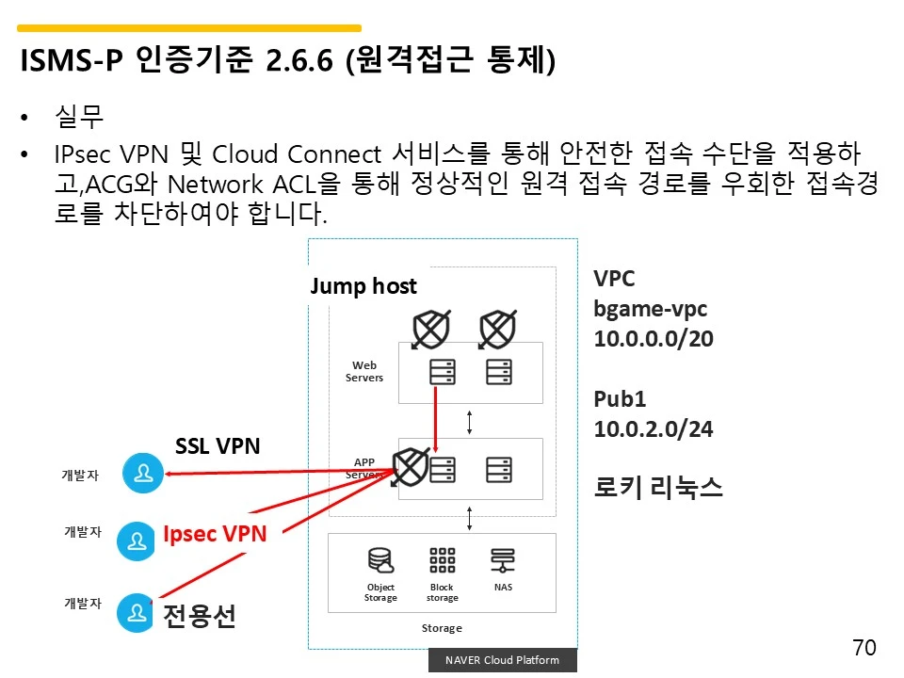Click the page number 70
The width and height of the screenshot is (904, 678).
(x=864, y=648)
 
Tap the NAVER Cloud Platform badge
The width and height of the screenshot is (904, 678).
(x=502, y=660)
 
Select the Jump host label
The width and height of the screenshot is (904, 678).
(x=363, y=286)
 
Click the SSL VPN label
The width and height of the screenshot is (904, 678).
(x=218, y=445)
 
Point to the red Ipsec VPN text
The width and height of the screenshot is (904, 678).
(x=215, y=534)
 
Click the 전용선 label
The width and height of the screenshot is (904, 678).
(x=200, y=616)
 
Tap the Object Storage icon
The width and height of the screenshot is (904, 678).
(x=380, y=561)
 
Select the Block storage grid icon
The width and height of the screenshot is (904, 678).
(x=442, y=561)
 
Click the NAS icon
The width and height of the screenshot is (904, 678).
(x=503, y=561)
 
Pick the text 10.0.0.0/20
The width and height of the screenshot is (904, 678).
(x=654, y=339)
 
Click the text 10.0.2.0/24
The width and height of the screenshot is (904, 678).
(x=654, y=429)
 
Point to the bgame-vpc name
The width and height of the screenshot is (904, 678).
(x=650, y=309)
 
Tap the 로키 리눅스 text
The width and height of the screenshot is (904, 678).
(x=658, y=488)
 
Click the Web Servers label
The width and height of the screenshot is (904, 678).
(x=364, y=372)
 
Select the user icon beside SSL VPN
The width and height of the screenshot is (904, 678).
(x=143, y=474)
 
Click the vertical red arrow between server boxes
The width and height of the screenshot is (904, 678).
(x=436, y=417)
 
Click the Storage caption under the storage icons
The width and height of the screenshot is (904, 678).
(x=442, y=628)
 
